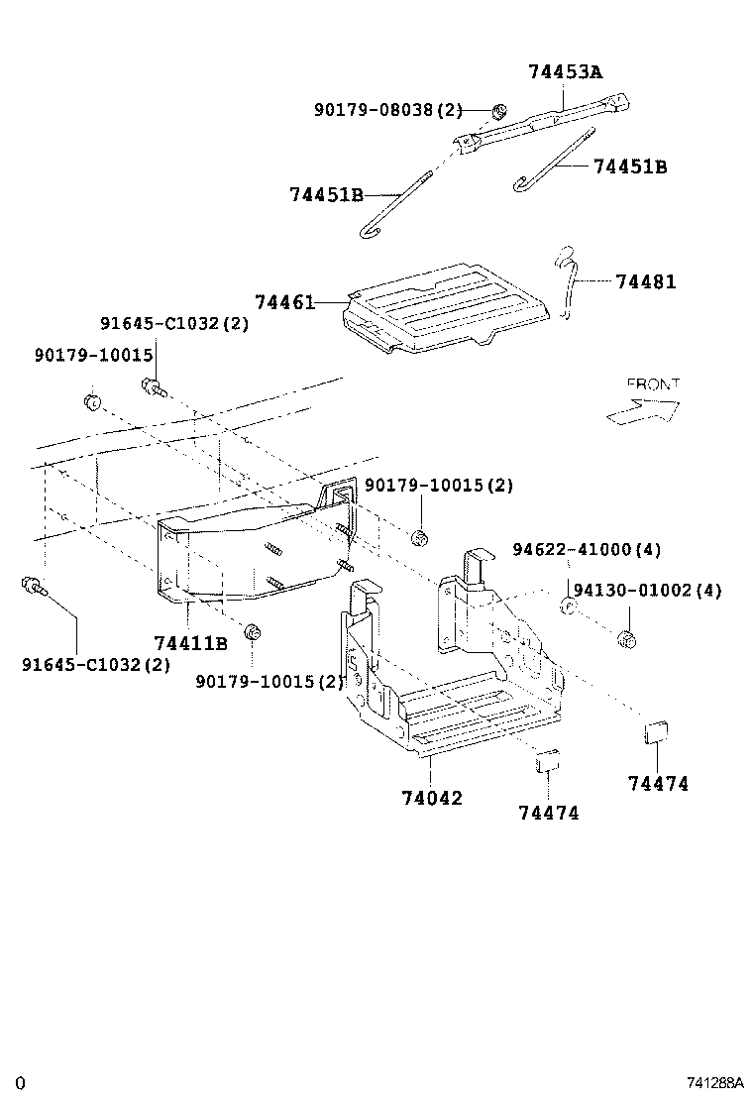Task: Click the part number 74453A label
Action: coord(565,71)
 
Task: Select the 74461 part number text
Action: coord(283,301)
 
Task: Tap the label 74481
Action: coord(645,281)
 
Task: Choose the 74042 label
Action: coord(432,798)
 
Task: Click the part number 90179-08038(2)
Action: coord(388,110)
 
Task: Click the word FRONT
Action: coord(653,384)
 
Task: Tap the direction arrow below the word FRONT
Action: coord(642,409)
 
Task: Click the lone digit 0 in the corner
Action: coord(19,1083)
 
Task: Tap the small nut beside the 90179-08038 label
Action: coord(500,109)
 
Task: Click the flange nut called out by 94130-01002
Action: coord(625,637)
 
